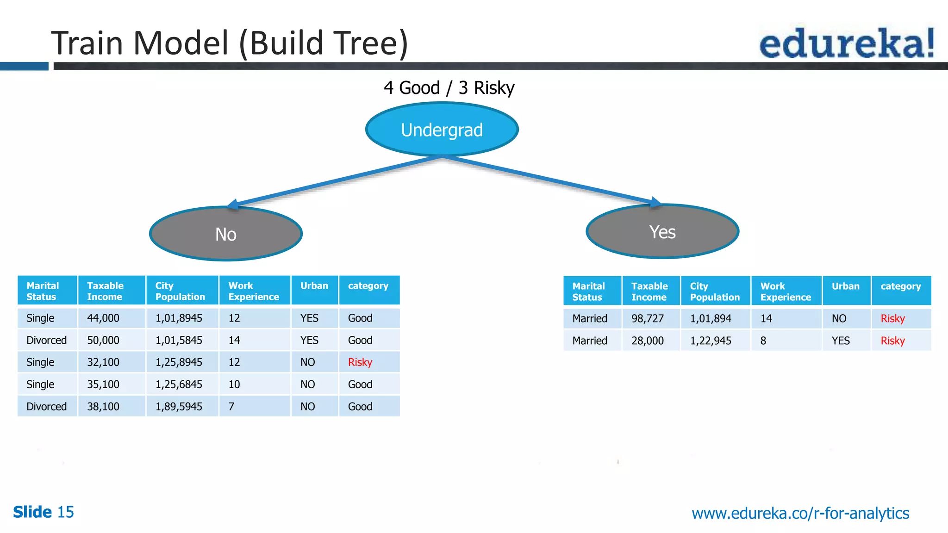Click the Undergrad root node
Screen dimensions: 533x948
[442, 130]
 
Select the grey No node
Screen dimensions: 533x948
[226, 234]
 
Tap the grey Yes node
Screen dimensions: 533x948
[662, 232]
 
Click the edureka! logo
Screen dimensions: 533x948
[847, 43]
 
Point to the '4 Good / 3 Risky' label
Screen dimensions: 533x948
[449, 87]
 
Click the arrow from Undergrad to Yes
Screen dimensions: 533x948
[551, 180]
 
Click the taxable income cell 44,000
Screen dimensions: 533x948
[103, 318]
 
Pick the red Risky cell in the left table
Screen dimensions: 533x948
[360, 362]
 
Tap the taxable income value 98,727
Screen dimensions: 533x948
[648, 319]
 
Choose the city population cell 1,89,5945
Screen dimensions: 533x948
[179, 407]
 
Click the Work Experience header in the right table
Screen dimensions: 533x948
[786, 291]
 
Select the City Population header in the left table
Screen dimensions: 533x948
[180, 291]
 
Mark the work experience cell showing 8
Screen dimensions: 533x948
[763, 341]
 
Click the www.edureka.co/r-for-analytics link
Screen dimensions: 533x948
[800, 513]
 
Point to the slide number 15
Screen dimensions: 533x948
[65, 512]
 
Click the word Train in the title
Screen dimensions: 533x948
[87, 43]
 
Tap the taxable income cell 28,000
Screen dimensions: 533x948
[648, 341]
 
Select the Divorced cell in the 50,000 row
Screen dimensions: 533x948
[47, 341]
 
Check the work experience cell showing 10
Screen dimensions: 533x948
[234, 384]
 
